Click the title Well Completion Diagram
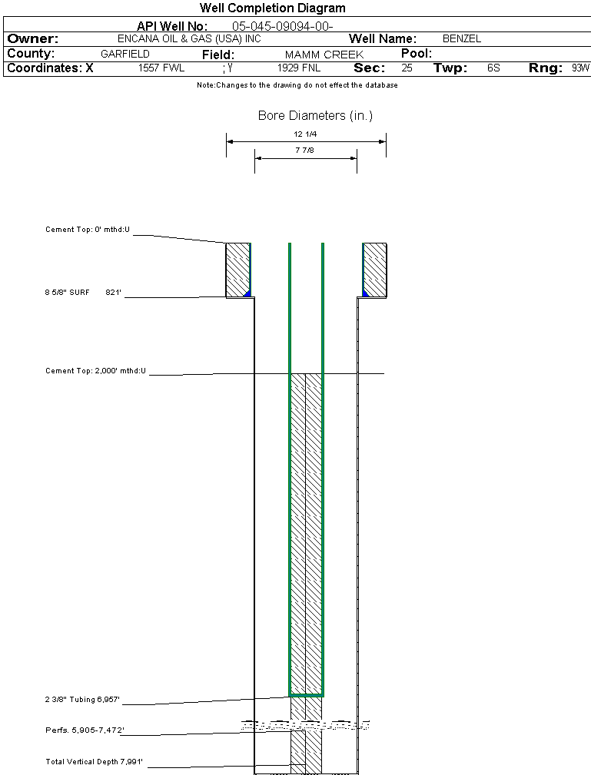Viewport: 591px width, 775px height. click(x=272, y=8)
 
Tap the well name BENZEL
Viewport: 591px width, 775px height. click(x=462, y=39)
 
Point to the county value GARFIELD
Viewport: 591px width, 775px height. click(x=125, y=55)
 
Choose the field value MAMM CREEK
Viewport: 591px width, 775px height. click(x=324, y=55)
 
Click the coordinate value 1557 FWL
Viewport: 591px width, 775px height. click(x=161, y=68)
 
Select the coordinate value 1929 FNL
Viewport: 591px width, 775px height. click(x=299, y=68)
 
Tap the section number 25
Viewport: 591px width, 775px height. click(x=407, y=68)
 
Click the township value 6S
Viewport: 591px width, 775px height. click(x=493, y=68)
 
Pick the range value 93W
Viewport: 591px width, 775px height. click(x=580, y=68)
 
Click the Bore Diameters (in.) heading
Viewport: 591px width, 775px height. click(x=315, y=116)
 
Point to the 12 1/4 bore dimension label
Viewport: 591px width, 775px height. click(x=306, y=134)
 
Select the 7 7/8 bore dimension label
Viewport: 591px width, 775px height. click(x=306, y=151)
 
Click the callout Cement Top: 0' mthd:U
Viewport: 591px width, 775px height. click(x=88, y=230)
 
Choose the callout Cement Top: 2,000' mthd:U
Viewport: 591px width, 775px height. click(x=95, y=371)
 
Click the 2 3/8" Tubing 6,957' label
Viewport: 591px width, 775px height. click(x=82, y=700)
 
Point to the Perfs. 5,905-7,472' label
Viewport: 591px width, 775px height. click(x=85, y=730)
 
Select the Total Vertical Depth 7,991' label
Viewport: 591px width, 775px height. click(x=95, y=762)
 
